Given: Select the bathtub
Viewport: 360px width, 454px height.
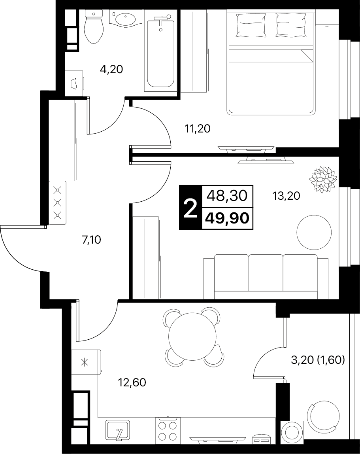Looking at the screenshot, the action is click(160, 53).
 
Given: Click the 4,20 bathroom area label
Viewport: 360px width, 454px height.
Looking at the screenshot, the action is click(111, 69).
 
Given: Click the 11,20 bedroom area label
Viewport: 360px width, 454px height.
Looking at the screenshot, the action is click(197, 128).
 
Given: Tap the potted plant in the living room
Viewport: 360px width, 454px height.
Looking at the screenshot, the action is click(323, 179).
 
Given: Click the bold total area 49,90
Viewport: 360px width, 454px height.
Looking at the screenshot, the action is click(227, 218).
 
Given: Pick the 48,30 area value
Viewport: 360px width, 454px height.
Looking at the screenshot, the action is click(227, 196).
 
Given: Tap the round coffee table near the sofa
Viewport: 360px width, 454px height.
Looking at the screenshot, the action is click(314, 232).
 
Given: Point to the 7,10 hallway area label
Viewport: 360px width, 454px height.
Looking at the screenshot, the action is click(91, 240).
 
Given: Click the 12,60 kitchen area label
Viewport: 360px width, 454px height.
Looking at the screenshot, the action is click(132, 383).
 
